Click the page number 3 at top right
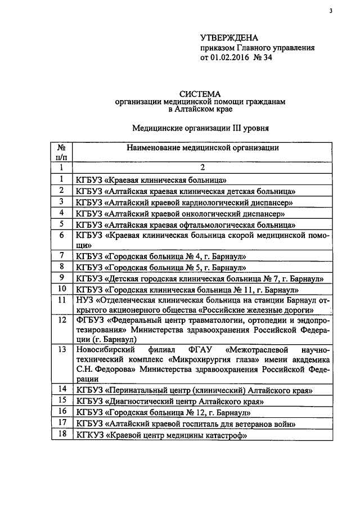tap(331, 11)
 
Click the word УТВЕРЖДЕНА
tap(229, 38)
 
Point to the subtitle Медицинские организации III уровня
tap(200, 128)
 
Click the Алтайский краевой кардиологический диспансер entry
tap(186, 202)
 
